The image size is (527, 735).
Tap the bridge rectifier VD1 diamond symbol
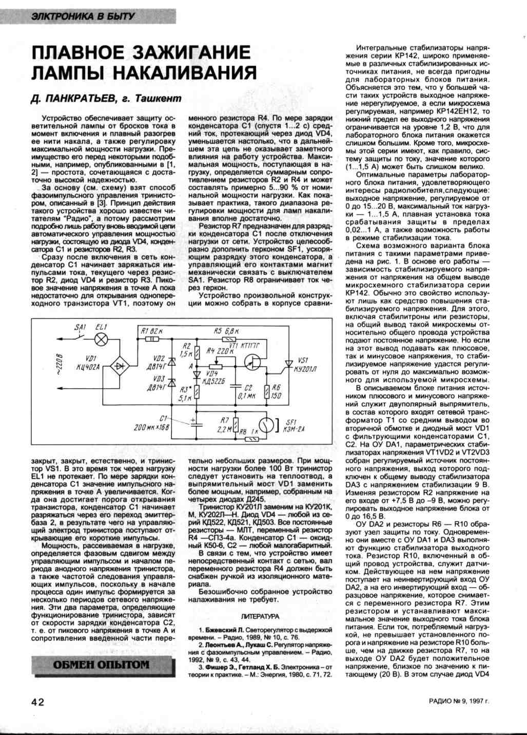coord(121,366)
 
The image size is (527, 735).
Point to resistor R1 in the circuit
coord(151,338)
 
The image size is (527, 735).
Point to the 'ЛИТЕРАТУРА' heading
coord(260,616)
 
